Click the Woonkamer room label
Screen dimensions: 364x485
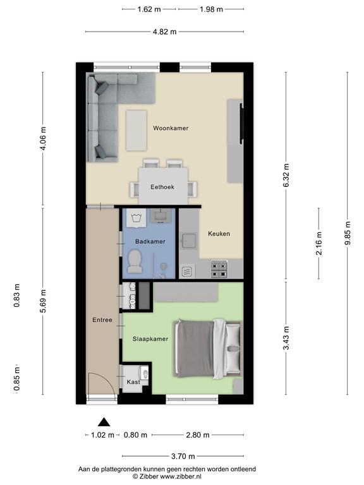pyautogui.click(x=171, y=128)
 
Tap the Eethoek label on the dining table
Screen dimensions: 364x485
pyautogui.click(x=162, y=187)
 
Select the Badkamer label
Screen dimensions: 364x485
pyautogui.click(x=150, y=242)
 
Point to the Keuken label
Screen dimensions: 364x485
pyautogui.click(x=219, y=234)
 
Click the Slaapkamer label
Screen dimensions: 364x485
pyautogui.click(x=150, y=338)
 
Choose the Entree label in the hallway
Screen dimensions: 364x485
pyautogui.click(x=102, y=320)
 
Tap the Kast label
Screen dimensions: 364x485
pyautogui.click(x=133, y=382)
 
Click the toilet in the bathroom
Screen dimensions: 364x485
pyautogui.click(x=135, y=261)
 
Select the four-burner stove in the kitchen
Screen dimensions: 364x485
pyautogui.click(x=219, y=269)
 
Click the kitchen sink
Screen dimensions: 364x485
pyautogui.click(x=189, y=241)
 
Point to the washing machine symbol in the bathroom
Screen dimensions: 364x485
pyautogui.click(x=136, y=218)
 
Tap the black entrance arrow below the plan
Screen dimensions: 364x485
pyautogui.click(x=104, y=422)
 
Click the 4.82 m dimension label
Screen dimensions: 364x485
pyautogui.click(x=164, y=32)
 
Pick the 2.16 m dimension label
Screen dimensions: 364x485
pyautogui.click(x=318, y=243)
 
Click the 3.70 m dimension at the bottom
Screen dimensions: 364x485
pyautogui.click(x=183, y=456)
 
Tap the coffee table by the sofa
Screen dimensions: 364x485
pyautogui.click(x=136, y=131)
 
